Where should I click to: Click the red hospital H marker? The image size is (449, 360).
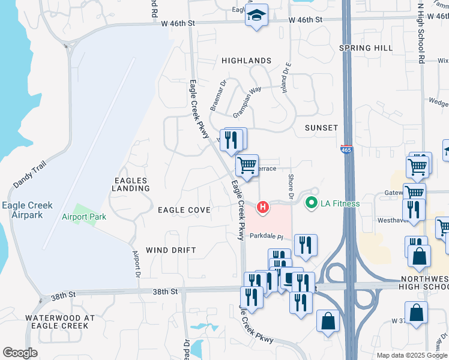pyautogui.click(x=262, y=208)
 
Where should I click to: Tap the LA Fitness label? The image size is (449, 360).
pyautogui.click(x=339, y=203)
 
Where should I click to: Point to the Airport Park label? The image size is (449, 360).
pyautogui.click(x=84, y=217)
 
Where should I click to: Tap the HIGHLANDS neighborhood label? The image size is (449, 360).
pyautogui.click(x=246, y=61)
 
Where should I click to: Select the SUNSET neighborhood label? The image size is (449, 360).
pyautogui.click(x=321, y=128)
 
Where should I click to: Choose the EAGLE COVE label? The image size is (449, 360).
pyautogui.click(x=184, y=210)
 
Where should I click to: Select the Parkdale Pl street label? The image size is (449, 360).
pyautogui.click(x=266, y=236)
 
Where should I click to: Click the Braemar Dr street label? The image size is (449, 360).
pyautogui.click(x=218, y=95)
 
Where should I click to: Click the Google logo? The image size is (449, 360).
pyautogui.click(x=20, y=353)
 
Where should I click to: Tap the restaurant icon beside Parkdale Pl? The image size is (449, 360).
pyautogui.click(x=306, y=245)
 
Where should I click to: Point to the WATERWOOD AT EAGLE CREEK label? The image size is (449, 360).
pyautogui.click(x=56, y=322)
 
